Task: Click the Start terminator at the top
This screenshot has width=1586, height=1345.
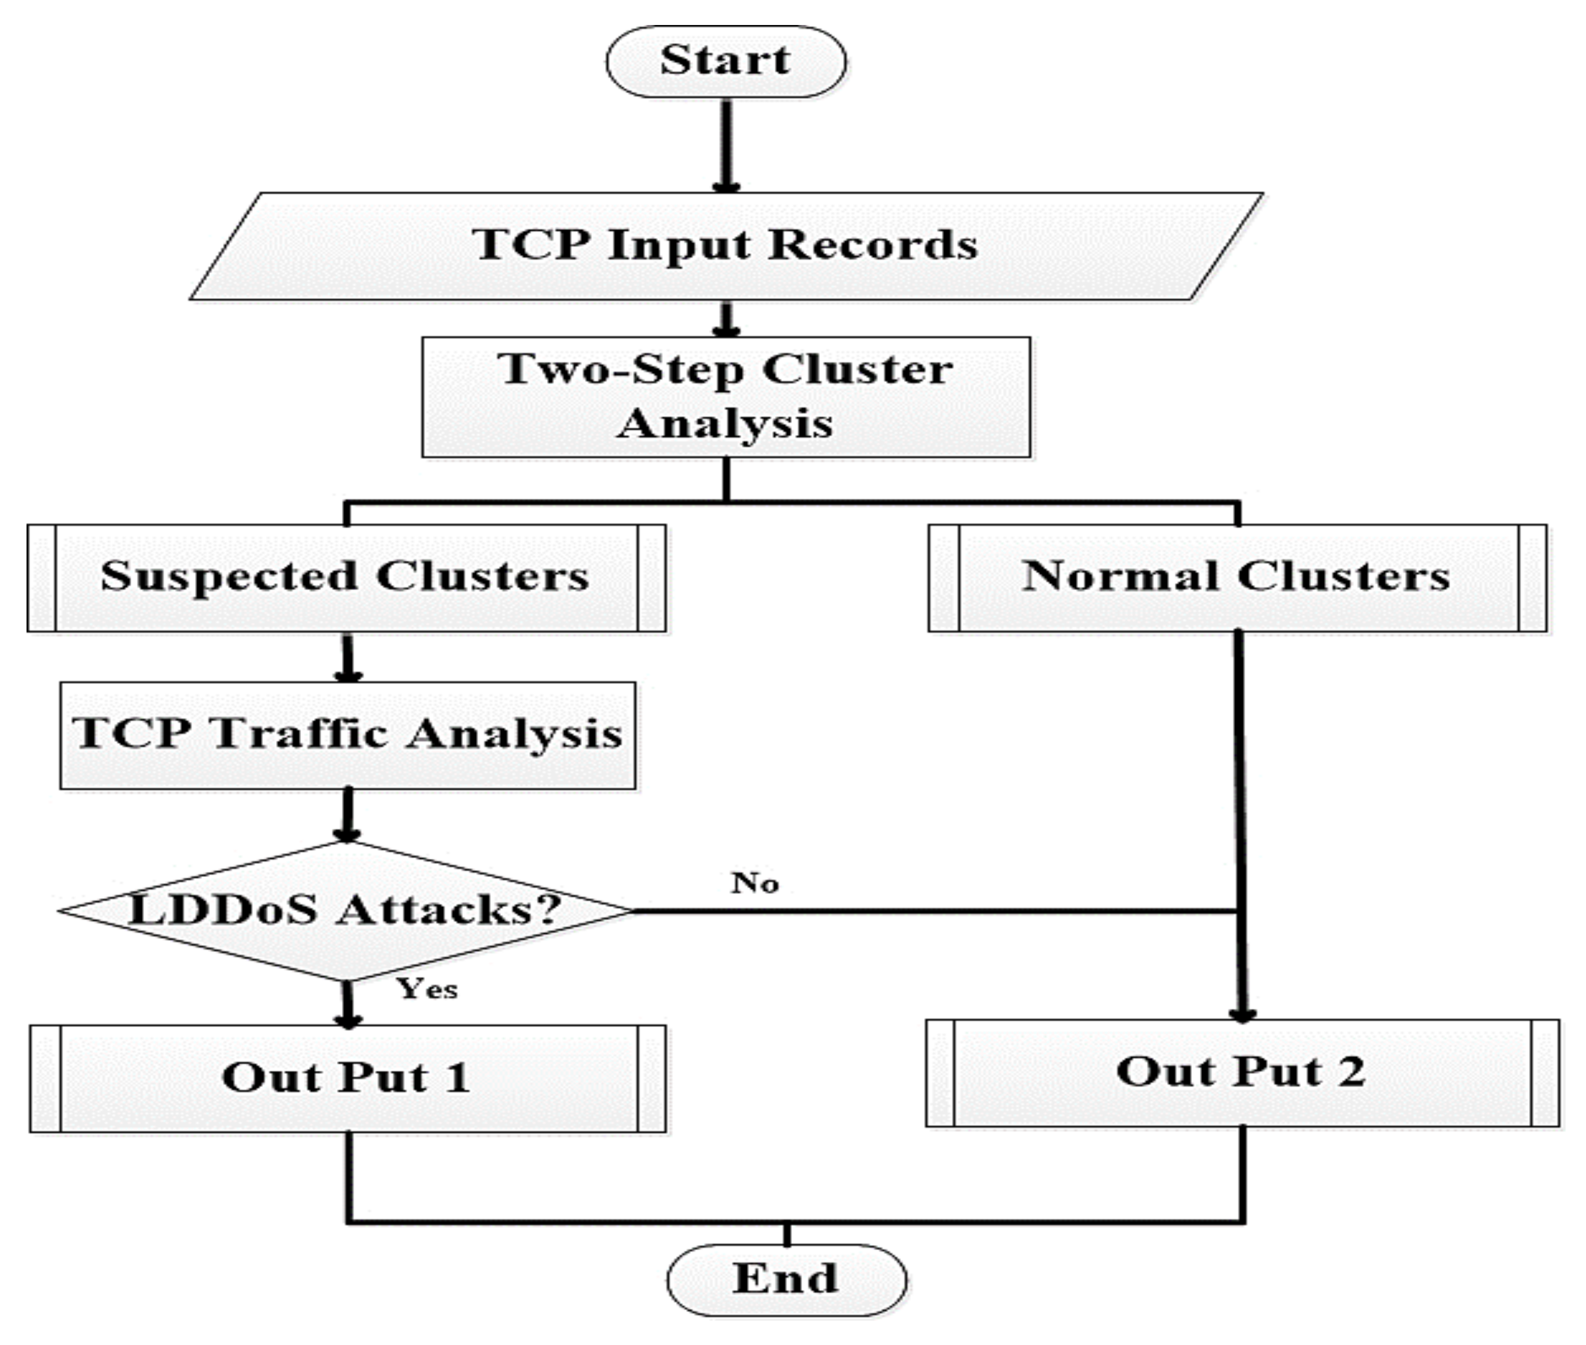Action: coord(726,61)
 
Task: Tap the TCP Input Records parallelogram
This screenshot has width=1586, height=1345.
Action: coord(726,245)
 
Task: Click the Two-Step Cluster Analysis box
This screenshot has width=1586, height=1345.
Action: coord(726,396)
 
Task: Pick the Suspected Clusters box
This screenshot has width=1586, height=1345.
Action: coord(345,577)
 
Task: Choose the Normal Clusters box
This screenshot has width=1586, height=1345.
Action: coord(1237,577)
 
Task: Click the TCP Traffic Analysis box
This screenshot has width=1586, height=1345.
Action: coord(348,734)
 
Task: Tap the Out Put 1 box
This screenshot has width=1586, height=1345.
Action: coord(347,1078)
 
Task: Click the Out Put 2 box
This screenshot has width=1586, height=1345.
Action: coord(1241,1072)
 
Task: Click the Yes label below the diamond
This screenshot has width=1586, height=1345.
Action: coord(427,989)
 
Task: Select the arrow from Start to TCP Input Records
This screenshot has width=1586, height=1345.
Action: coord(727,145)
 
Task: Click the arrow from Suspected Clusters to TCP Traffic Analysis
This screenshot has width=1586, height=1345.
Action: coord(348,657)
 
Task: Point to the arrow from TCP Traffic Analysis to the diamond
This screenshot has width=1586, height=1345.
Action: coord(348,814)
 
